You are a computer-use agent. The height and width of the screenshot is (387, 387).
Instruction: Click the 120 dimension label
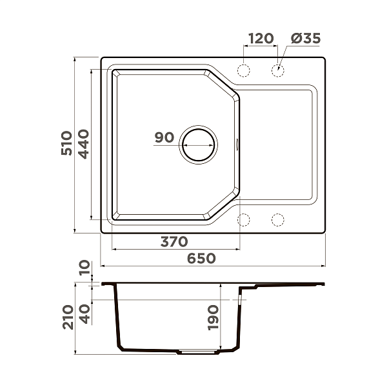pyautogui.click(x=260, y=39)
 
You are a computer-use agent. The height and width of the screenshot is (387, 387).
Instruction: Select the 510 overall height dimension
pyautogui.click(x=66, y=146)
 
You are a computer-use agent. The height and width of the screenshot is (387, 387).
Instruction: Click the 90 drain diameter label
pyautogui.click(x=164, y=137)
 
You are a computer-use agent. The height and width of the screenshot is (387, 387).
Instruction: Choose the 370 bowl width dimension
pyautogui.click(x=174, y=242)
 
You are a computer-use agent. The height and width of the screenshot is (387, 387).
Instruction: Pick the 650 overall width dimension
pyautogui.click(x=201, y=259)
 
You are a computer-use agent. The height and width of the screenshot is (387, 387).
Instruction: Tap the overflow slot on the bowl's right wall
pyautogui.click(x=237, y=144)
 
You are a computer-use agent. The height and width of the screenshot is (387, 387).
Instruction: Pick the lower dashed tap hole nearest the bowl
pyautogui.click(x=244, y=220)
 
